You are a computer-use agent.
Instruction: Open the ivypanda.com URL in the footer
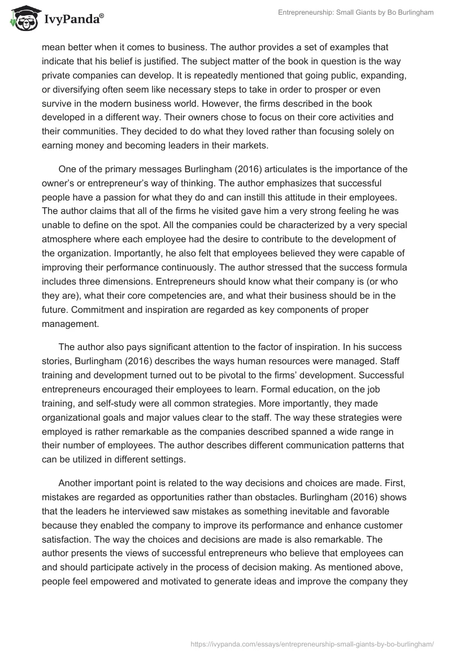point(313,643)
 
